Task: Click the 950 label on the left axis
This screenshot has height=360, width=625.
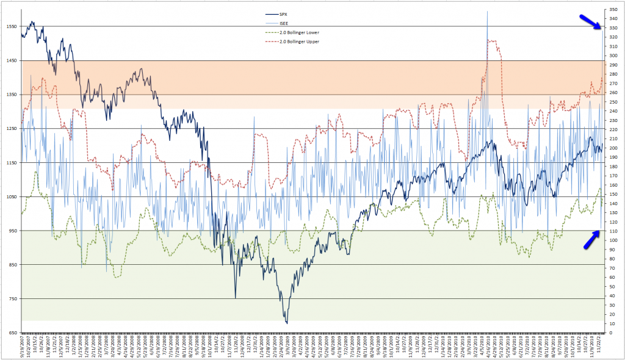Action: coord(12,231)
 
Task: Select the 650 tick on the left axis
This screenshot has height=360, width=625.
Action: coord(12,333)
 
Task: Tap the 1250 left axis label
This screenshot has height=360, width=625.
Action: coord(12,128)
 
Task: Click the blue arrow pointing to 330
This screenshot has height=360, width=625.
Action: coord(588,22)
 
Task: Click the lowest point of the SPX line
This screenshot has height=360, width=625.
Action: coord(286,323)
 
